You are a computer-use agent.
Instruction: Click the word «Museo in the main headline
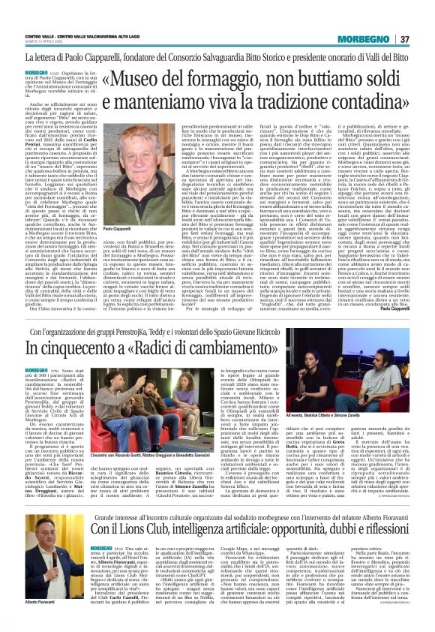pos(134,81)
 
